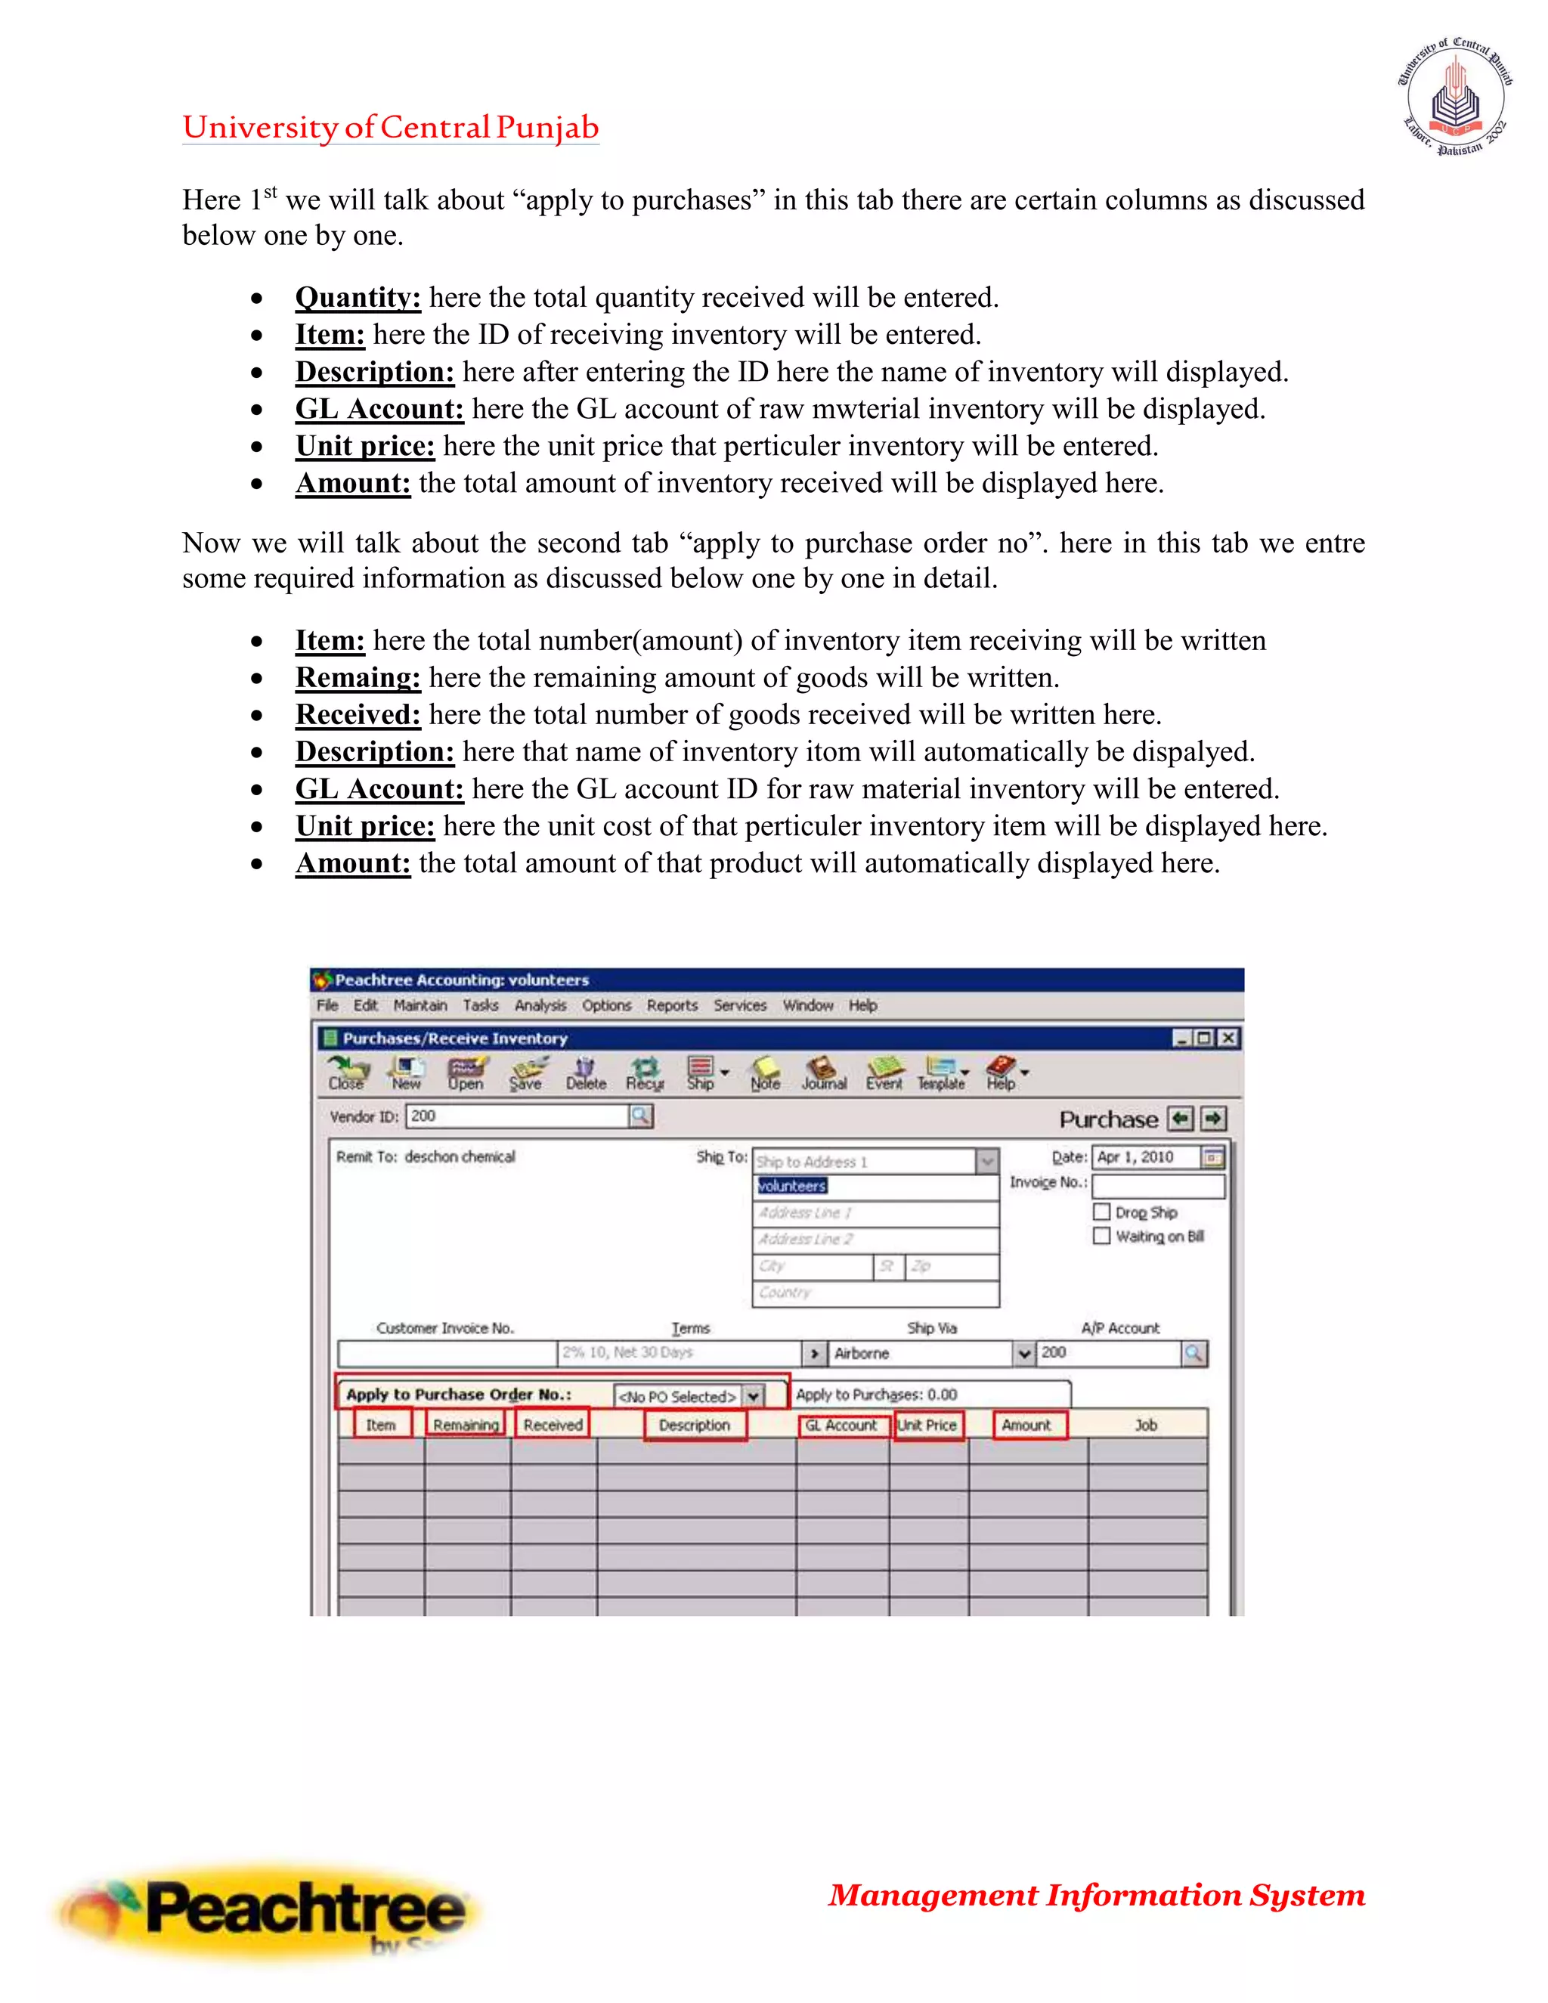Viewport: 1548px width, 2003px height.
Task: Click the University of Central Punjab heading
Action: tap(390, 128)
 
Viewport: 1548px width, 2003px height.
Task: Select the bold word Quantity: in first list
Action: tap(358, 298)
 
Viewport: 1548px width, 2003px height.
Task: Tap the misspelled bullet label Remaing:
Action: tap(358, 678)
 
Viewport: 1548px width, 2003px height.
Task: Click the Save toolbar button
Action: tap(526, 1073)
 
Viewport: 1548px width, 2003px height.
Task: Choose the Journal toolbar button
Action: tap(824, 1073)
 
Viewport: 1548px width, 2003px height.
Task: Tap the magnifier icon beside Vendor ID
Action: tap(641, 1116)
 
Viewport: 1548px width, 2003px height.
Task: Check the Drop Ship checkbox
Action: tap(1101, 1212)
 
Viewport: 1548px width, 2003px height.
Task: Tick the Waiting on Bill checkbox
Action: tap(1101, 1237)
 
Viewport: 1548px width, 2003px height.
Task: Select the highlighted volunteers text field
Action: tap(874, 1187)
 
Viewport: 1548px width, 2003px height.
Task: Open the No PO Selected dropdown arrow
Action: tap(752, 1396)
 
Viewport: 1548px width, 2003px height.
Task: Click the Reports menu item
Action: tap(671, 1005)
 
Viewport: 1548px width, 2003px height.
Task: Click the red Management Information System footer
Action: tap(1096, 1895)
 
